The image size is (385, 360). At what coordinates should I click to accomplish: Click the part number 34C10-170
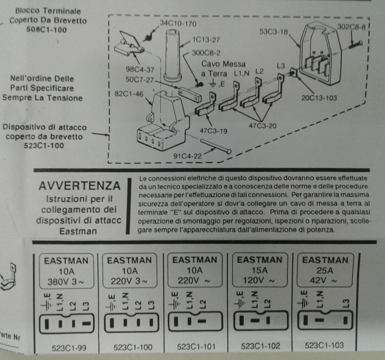click(178, 24)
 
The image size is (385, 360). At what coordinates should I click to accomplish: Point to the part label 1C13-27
click(206, 40)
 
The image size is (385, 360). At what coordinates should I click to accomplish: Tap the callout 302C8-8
click(351, 26)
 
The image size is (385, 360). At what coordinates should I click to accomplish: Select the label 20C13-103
click(319, 98)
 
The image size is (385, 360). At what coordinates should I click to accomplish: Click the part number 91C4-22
click(187, 156)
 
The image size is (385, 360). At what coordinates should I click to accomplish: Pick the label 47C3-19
click(213, 131)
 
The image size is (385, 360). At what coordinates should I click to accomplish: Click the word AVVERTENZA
click(79, 186)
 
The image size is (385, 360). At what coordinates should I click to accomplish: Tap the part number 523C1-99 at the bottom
click(69, 348)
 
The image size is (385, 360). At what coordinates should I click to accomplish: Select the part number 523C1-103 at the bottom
click(324, 345)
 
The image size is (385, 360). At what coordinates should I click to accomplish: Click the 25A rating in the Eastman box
click(324, 270)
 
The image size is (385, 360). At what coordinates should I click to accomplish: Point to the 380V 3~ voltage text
click(66, 282)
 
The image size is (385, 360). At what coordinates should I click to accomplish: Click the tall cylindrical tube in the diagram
click(172, 55)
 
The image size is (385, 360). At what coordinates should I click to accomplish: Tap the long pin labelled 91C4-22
click(216, 146)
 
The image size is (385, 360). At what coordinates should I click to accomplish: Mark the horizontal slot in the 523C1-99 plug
click(86, 323)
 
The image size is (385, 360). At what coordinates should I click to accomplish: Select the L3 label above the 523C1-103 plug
click(346, 303)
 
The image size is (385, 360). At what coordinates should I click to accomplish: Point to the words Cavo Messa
click(223, 64)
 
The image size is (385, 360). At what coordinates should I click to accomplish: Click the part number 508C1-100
click(47, 30)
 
